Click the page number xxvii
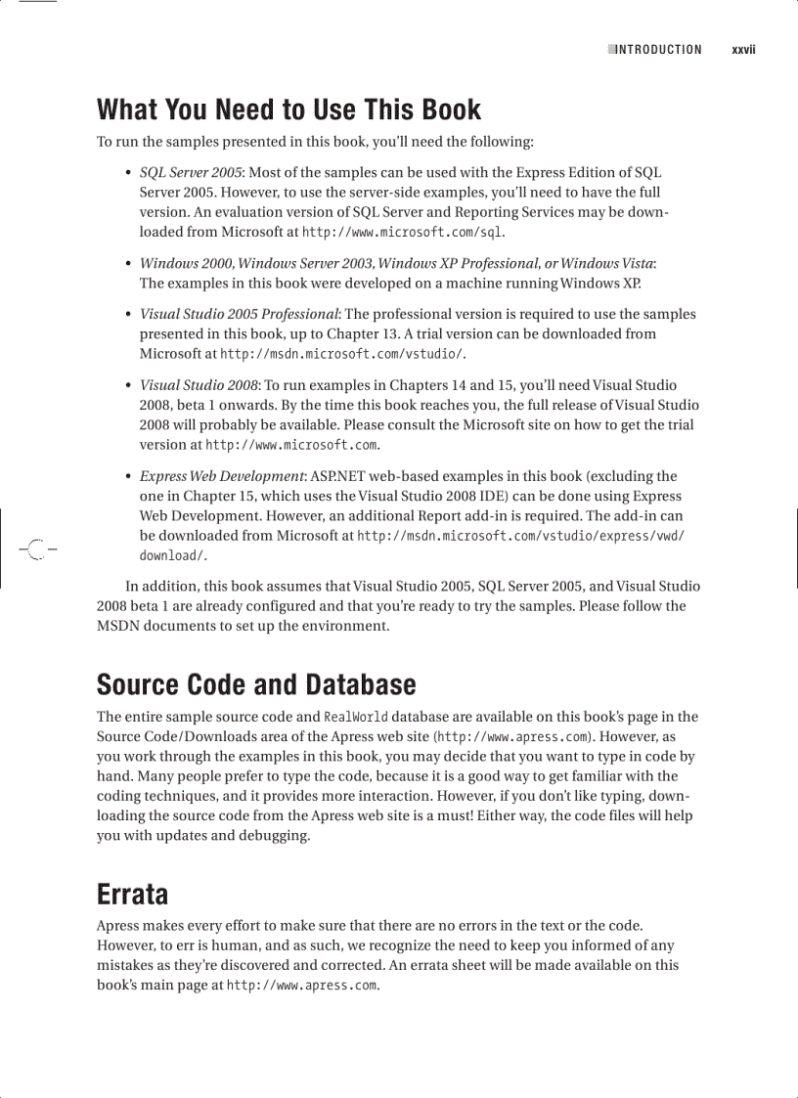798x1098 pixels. point(744,50)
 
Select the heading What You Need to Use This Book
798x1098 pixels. point(288,110)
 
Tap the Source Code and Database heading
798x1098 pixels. point(256,683)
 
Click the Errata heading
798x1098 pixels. point(132,894)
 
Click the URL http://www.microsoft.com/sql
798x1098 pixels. point(403,232)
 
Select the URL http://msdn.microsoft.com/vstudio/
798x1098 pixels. point(343,354)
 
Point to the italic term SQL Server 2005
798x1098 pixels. point(191,172)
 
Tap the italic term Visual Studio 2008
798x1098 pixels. point(199,385)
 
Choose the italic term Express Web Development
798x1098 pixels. point(222,476)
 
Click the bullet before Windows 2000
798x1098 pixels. point(128,264)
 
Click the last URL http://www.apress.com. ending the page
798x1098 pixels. point(302,986)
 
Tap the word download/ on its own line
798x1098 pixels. point(173,555)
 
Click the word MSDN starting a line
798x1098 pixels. point(120,626)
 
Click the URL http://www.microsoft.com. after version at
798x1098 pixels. point(291,445)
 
